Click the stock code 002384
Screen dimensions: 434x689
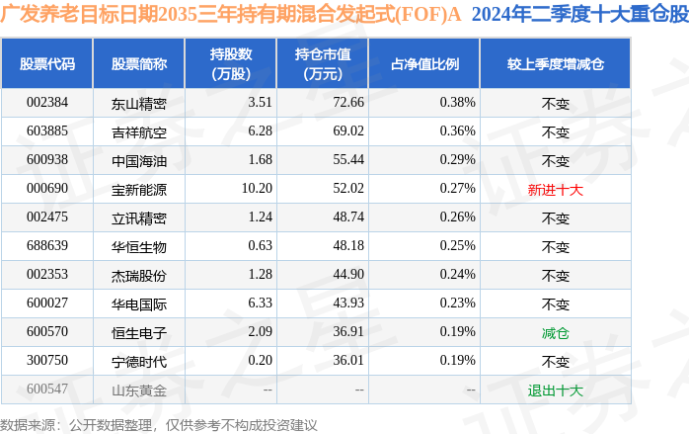click(47, 102)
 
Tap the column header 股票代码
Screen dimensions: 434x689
click(47, 64)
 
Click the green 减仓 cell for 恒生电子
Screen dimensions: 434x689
click(556, 333)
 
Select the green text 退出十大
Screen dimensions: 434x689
click(556, 391)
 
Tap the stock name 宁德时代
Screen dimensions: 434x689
click(139, 362)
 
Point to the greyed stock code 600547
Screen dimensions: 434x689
click(47, 390)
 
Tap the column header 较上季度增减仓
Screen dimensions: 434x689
click(556, 64)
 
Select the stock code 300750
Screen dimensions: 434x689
click(47, 362)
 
